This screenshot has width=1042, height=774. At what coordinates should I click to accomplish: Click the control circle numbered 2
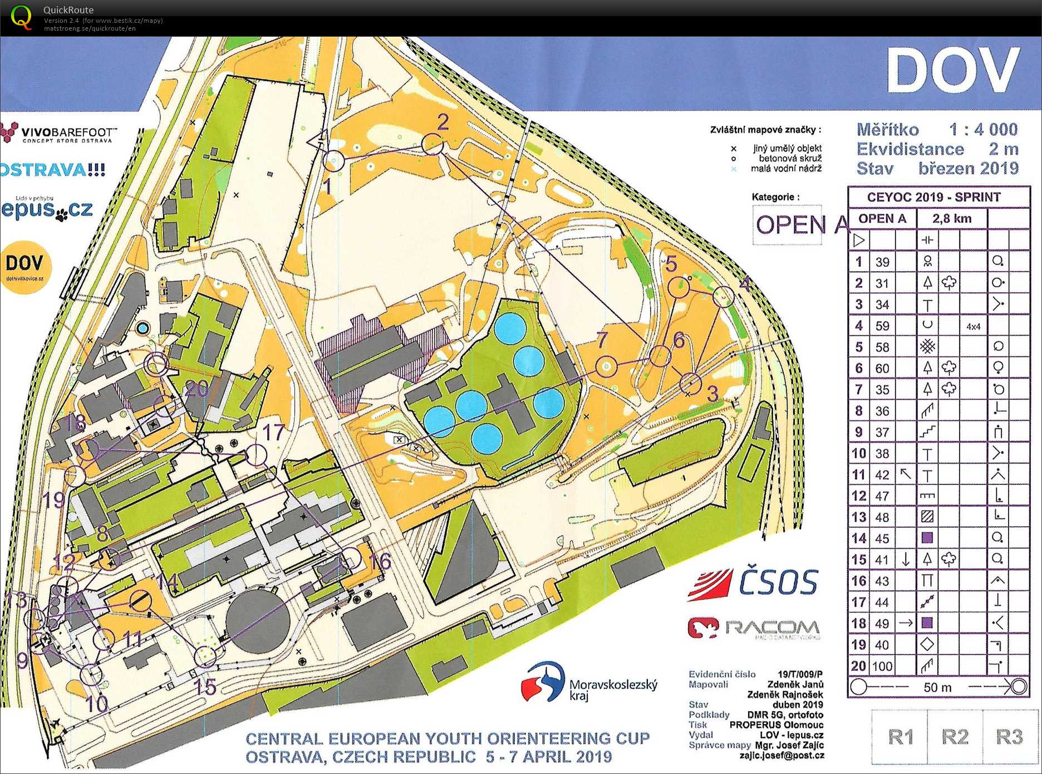tap(432, 144)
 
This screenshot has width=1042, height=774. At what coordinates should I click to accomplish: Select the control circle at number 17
tap(256, 455)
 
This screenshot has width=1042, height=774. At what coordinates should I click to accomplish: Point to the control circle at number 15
tap(205, 657)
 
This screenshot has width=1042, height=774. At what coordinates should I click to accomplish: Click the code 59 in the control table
tap(882, 326)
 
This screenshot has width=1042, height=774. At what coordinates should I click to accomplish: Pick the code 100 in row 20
tap(882, 666)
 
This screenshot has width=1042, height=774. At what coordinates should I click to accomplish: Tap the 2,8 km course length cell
tap(952, 219)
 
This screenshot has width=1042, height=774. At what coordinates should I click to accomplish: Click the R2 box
tap(955, 737)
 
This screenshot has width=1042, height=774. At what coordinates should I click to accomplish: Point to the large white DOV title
tap(953, 71)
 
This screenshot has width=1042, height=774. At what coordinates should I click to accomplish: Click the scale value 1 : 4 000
tap(983, 130)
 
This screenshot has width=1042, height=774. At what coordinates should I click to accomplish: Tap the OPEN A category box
tap(787, 224)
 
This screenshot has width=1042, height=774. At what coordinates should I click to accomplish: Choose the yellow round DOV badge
tap(24, 267)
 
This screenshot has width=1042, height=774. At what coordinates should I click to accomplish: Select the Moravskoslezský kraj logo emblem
tap(543, 682)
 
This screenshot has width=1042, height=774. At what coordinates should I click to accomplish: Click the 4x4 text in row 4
tap(973, 327)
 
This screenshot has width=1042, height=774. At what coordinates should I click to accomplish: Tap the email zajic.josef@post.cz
tap(781, 756)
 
